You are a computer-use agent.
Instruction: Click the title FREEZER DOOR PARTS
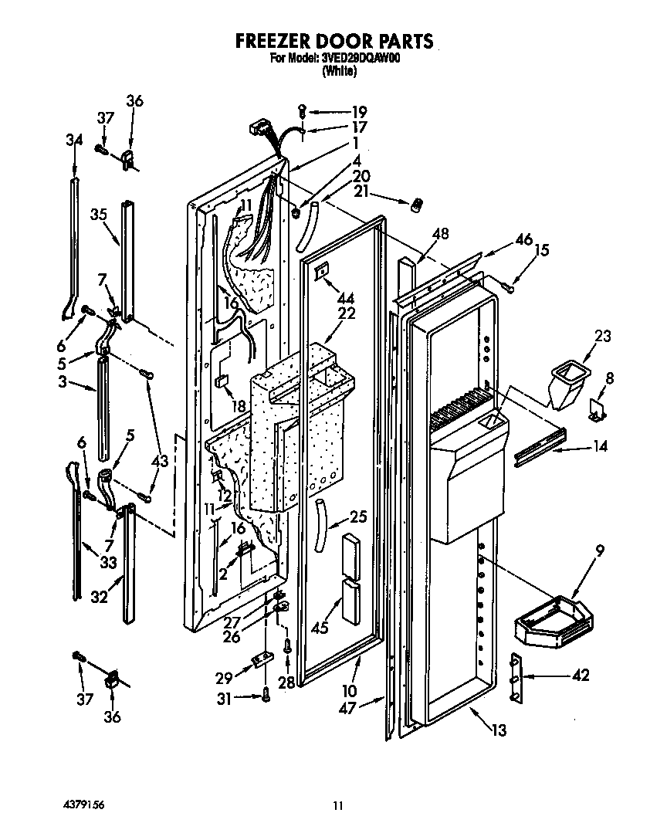tap(333, 41)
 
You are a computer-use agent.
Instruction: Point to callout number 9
tap(577, 551)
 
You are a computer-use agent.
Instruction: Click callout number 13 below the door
tap(499, 730)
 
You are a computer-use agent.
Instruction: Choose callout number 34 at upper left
tap(73, 140)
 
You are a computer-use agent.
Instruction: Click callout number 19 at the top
tap(360, 110)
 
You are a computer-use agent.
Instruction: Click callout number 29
tap(224, 678)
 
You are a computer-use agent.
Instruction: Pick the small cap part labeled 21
tap(418, 204)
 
